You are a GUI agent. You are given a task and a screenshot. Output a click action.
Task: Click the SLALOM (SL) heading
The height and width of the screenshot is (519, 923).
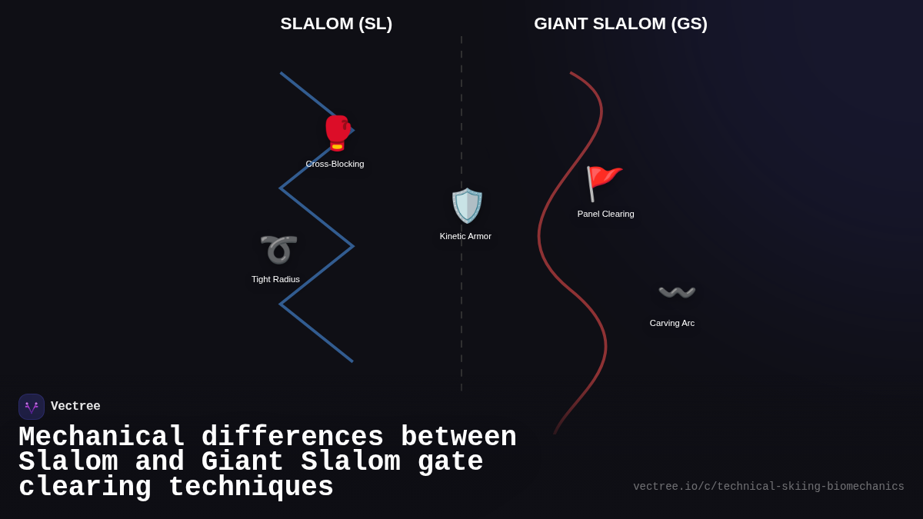tap(336, 24)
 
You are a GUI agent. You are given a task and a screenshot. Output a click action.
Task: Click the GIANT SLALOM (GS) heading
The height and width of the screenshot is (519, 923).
tap(620, 24)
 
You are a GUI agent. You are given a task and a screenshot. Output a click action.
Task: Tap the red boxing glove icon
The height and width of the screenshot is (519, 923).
tap(337, 133)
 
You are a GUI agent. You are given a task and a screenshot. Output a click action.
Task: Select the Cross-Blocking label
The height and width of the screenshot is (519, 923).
tap(335, 164)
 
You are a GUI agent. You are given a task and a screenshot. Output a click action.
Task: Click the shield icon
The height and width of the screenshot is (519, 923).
tap(466, 205)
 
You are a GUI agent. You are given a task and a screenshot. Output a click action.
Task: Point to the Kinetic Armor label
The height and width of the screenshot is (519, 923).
tap(465, 236)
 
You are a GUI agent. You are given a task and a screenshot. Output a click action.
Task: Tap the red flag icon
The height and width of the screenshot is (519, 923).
tap(603, 183)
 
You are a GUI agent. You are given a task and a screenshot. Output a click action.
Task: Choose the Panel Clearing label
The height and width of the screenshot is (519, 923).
tap(605, 214)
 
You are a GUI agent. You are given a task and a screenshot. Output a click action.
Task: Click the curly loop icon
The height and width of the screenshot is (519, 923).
tap(278, 249)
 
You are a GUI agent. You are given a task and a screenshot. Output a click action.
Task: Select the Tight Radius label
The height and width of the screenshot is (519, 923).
tap(275, 279)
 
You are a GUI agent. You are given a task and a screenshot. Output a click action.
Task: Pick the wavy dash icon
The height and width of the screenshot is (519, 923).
tap(677, 293)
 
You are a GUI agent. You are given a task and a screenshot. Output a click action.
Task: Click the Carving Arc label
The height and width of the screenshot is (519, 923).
tap(671, 323)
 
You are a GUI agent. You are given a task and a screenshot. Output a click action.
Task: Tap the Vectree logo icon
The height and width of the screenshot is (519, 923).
tap(32, 407)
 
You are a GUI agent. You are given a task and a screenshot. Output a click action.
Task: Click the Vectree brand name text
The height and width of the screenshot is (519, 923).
tap(75, 407)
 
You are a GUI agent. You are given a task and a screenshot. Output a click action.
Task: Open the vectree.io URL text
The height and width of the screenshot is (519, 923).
tap(768, 487)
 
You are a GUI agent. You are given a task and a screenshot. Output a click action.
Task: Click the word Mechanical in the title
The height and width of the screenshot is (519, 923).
tap(102, 437)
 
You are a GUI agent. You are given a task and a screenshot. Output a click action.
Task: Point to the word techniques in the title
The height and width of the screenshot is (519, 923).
tap(251, 487)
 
